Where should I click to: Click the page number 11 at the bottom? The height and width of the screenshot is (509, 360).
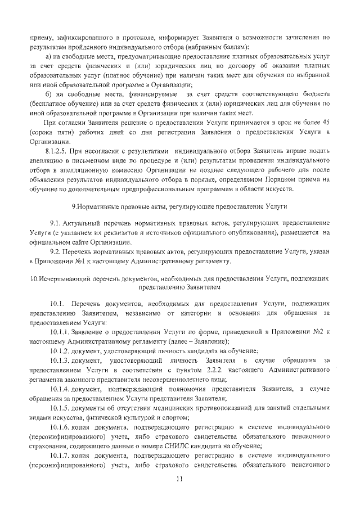tap(179, 479)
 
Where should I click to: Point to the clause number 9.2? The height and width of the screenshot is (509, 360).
tap(56, 251)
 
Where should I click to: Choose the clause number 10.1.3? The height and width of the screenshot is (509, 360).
tap(59, 359)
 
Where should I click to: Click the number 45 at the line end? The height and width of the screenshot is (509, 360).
tap(325, 121)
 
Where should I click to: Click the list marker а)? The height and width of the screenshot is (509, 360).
tap(48, 58)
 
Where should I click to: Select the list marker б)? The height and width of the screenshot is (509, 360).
tap(48, 94)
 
